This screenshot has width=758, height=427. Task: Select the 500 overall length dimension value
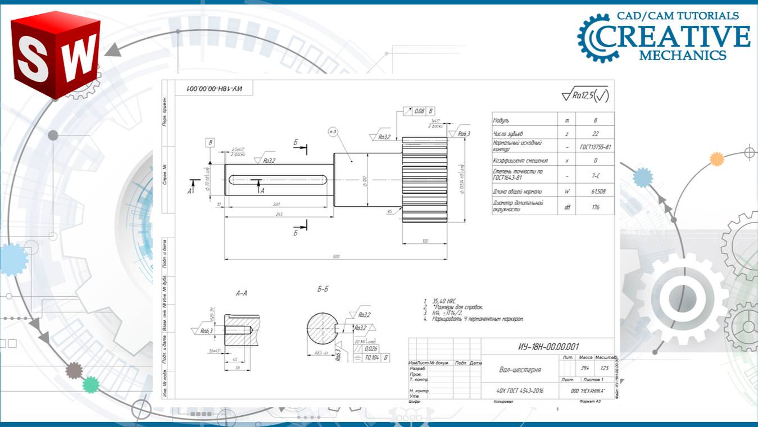pos(336,257)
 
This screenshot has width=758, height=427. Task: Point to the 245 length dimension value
pos(279,214)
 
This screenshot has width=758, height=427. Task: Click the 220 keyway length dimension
pos(275,205)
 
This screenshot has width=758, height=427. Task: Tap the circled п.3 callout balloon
pos(333,132)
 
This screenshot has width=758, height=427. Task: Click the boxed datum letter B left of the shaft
pos(211,142)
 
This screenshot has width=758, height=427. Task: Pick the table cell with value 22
pos(595,134)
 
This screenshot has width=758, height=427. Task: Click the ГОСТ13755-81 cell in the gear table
pos(595,147)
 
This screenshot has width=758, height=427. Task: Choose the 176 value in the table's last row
pos(595,207)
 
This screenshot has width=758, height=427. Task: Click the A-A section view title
pos(242,293)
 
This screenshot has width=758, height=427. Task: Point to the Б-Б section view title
pos(323,289)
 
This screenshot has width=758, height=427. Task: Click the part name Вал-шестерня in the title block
pos(520,370)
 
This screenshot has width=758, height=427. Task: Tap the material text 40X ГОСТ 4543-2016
pos(520,390)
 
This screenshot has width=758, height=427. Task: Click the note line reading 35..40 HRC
pos(443,301)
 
